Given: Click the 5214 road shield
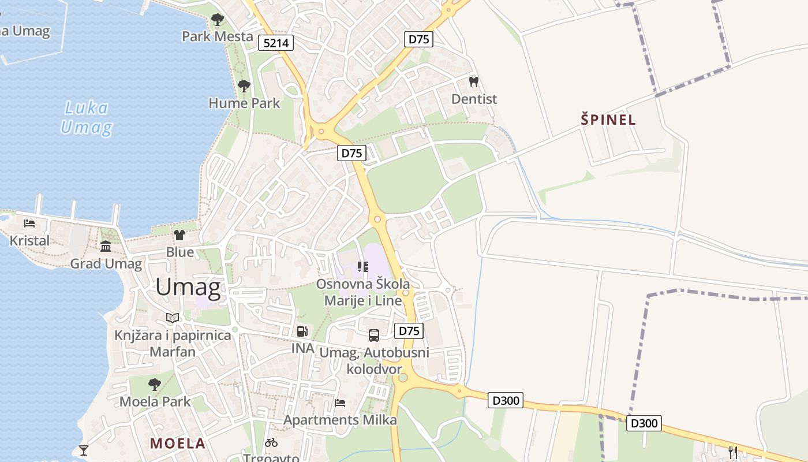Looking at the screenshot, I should click(276, 43).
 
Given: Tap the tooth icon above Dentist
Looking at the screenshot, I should click(474, 82).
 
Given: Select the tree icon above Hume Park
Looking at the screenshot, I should click(244, 87).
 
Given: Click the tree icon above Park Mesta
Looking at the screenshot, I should click(218, 20).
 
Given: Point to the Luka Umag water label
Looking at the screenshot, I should click(86, 117).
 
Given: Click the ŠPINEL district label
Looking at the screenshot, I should click(608, 120).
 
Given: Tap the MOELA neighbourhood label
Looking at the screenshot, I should click(178, 444).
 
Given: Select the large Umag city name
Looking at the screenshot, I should click(188, 288).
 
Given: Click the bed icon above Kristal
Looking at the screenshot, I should click(29, 223).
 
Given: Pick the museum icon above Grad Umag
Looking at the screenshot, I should click(106, 247).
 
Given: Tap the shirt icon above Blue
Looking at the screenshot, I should click(179, 235).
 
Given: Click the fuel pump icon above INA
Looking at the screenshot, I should click(302, 331).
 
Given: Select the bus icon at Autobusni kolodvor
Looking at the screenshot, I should click(374, 335).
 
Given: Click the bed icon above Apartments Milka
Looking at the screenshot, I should click(340, 403).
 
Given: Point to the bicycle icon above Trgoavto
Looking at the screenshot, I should click(271, 442).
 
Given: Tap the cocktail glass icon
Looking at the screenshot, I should click(84, 450).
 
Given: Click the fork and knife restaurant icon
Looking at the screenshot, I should click(733, 452).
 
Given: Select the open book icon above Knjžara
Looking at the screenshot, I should click(173, 318).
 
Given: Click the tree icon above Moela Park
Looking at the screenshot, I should click(154, 384).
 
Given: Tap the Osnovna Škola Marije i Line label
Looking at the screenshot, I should click(363, 292).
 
